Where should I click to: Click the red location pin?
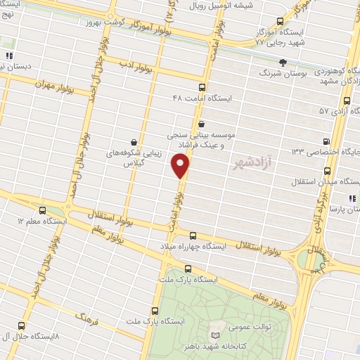pos(181,165)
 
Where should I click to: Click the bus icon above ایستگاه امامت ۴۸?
pos(202,88)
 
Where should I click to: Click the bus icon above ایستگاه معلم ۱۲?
pos(42,210)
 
